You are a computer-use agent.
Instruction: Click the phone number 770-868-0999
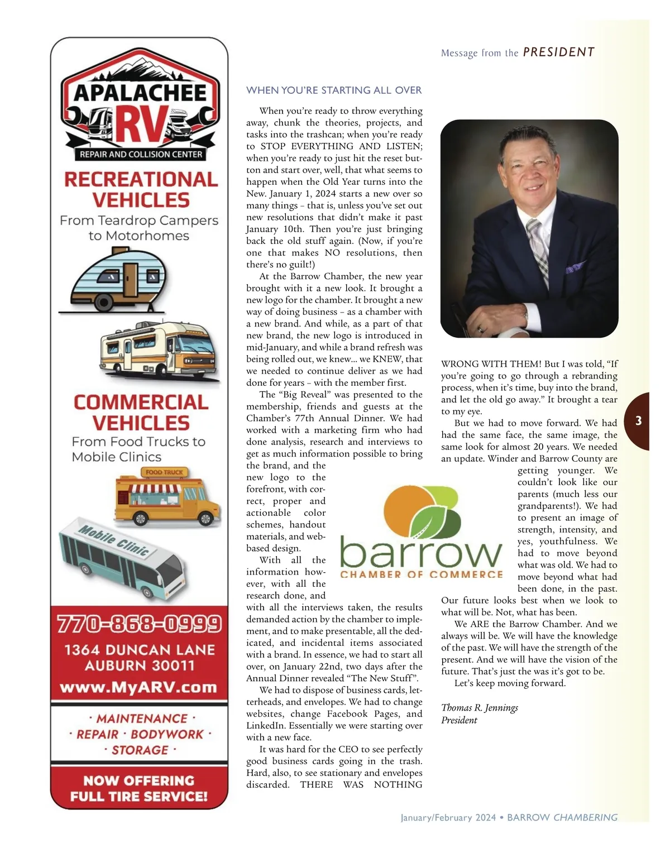pos(139,624)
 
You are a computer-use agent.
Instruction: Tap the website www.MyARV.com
pos(138,687)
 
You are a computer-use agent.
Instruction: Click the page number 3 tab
pos(638,421)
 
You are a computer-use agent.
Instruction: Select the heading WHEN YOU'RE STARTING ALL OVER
pos(334,90)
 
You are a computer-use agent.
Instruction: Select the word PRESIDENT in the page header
pos(558,52)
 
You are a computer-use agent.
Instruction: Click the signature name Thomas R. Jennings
pos(480,707)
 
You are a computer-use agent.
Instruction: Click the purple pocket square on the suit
pos(575,267)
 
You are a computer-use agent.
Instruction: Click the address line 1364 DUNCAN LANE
pos(140,650)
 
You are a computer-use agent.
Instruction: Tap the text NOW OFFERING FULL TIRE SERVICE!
pos(138,788)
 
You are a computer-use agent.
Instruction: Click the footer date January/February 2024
pos(448,817)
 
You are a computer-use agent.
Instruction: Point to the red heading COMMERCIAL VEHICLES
pos(141,412)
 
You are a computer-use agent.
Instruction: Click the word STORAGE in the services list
pos(140,750)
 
